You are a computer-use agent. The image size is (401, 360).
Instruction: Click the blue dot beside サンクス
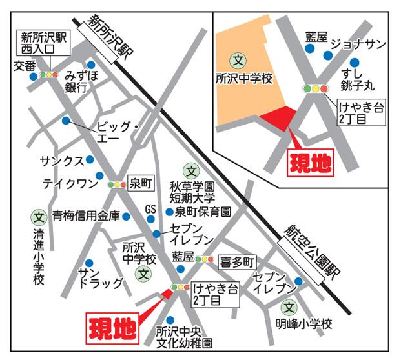(90, 159)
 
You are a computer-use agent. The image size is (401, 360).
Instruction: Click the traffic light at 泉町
(117, 184)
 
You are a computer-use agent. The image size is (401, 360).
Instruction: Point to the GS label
(150, 209)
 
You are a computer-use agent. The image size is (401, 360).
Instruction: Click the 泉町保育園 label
(202, 211)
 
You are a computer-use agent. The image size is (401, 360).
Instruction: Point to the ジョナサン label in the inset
(358, 44)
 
